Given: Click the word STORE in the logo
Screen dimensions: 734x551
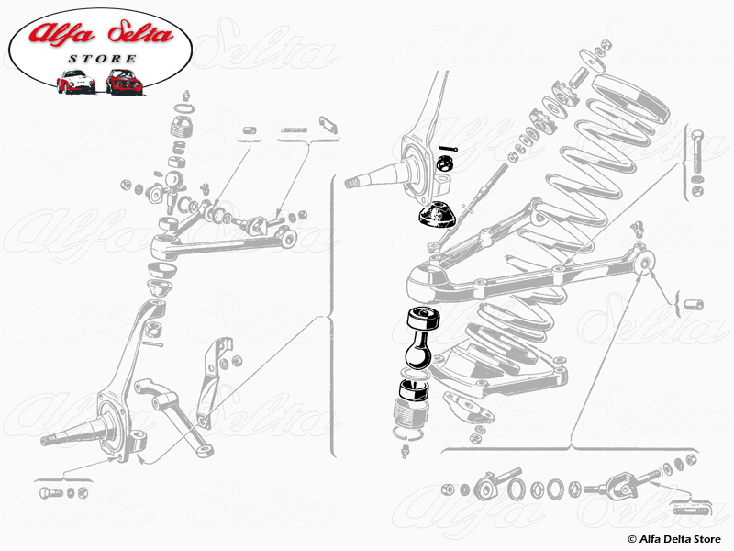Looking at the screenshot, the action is click(102, 59).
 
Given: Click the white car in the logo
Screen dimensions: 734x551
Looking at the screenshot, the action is click(75, 82).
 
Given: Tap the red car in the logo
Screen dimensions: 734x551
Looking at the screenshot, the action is click(124, 82).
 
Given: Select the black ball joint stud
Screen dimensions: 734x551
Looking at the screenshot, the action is click(420, 338).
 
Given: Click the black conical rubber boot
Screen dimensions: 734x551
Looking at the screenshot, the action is click(437, 215).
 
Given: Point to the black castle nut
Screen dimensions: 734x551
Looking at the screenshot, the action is click(442, 164).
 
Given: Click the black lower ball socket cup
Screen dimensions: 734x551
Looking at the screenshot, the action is click(414, 389).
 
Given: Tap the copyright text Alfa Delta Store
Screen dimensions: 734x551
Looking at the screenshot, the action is click(674, 539).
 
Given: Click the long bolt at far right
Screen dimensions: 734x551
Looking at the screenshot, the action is click(696, 152).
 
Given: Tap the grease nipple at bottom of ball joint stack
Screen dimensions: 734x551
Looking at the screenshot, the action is click(406, 451).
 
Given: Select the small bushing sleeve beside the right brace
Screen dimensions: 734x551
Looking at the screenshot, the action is click(694, 304).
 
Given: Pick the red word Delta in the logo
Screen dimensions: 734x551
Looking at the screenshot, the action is click(140, 32).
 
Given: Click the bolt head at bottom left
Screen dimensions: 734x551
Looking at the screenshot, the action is click(50, 493).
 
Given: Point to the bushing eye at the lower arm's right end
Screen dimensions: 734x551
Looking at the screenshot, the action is click(644, 263).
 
